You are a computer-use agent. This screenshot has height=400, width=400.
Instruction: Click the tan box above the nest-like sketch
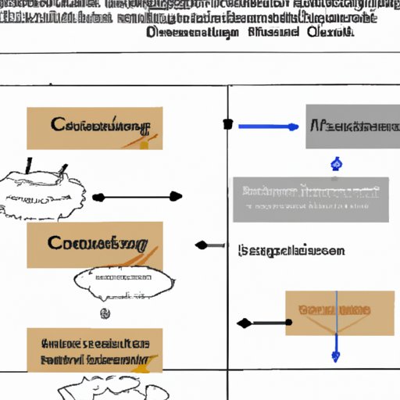(95, 128)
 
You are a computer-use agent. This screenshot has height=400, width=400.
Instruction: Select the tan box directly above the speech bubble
(95, 245)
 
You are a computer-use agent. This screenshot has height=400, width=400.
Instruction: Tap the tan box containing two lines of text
(95, 349)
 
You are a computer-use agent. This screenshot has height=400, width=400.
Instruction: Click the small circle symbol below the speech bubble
(104, 313)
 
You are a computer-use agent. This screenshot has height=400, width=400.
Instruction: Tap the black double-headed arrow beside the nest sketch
(137, 197)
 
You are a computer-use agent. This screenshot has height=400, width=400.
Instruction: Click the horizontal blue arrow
(268, 126)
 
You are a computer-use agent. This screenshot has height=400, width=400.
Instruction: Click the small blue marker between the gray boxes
(337, 163)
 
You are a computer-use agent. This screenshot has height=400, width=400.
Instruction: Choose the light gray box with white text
(310, 199)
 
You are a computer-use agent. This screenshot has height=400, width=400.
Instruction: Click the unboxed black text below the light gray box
(291, 252)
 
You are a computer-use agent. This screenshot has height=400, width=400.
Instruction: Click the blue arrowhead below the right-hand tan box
(336, 356)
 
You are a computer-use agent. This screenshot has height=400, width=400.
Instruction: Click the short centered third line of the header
(249, 33)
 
